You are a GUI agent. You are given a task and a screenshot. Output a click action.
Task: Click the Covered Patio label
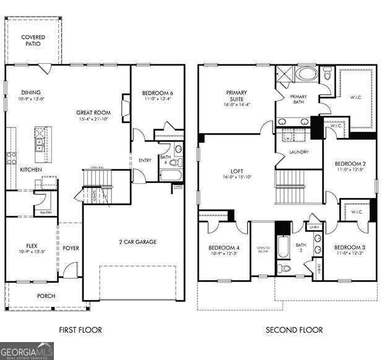(33, 41)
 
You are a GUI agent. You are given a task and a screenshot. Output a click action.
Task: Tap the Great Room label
(93, 113)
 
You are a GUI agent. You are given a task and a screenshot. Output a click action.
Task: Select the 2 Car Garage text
(137, 242)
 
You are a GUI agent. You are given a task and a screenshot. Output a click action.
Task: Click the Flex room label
(32, 246)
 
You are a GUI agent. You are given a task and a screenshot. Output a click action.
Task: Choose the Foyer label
(71, 248)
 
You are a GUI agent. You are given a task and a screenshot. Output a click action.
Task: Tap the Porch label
(46, 296)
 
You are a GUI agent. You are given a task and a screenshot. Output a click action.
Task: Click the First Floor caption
(81, 330)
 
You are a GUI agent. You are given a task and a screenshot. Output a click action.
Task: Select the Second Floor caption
(294, 330)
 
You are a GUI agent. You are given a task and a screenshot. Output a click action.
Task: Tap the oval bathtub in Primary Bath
(305, 74)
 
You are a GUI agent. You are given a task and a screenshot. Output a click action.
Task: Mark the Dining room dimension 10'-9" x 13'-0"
(32, 99)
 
